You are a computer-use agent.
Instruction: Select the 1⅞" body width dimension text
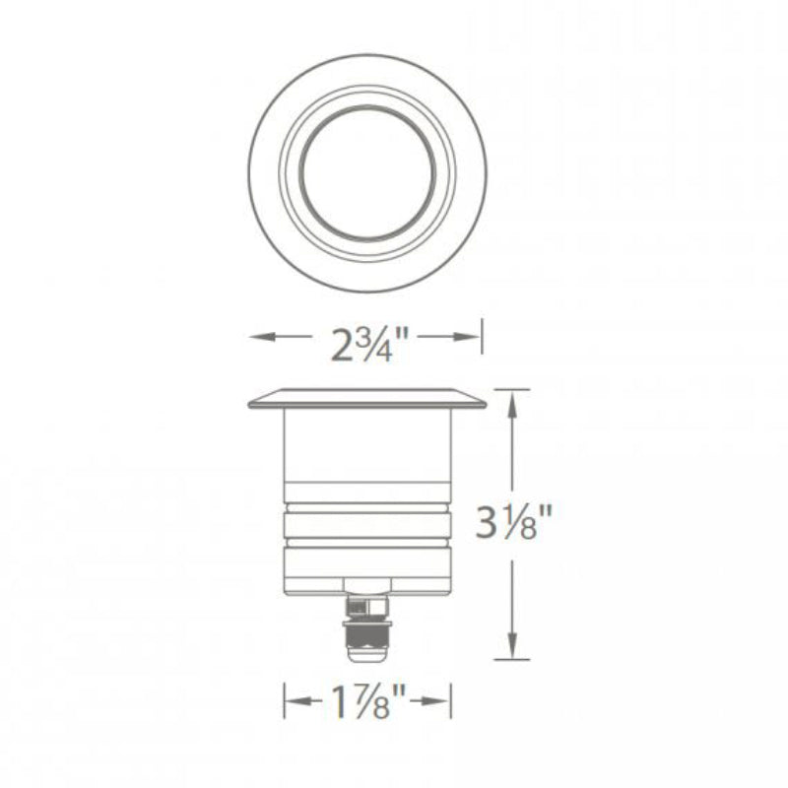pos(368,701)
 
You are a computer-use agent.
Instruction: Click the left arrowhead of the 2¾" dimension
pos(262,337)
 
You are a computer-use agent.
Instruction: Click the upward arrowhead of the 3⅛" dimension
pos(511,405)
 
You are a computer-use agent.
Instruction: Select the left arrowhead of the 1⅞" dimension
pos(298,700)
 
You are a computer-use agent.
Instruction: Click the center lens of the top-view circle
pos(367,172)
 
